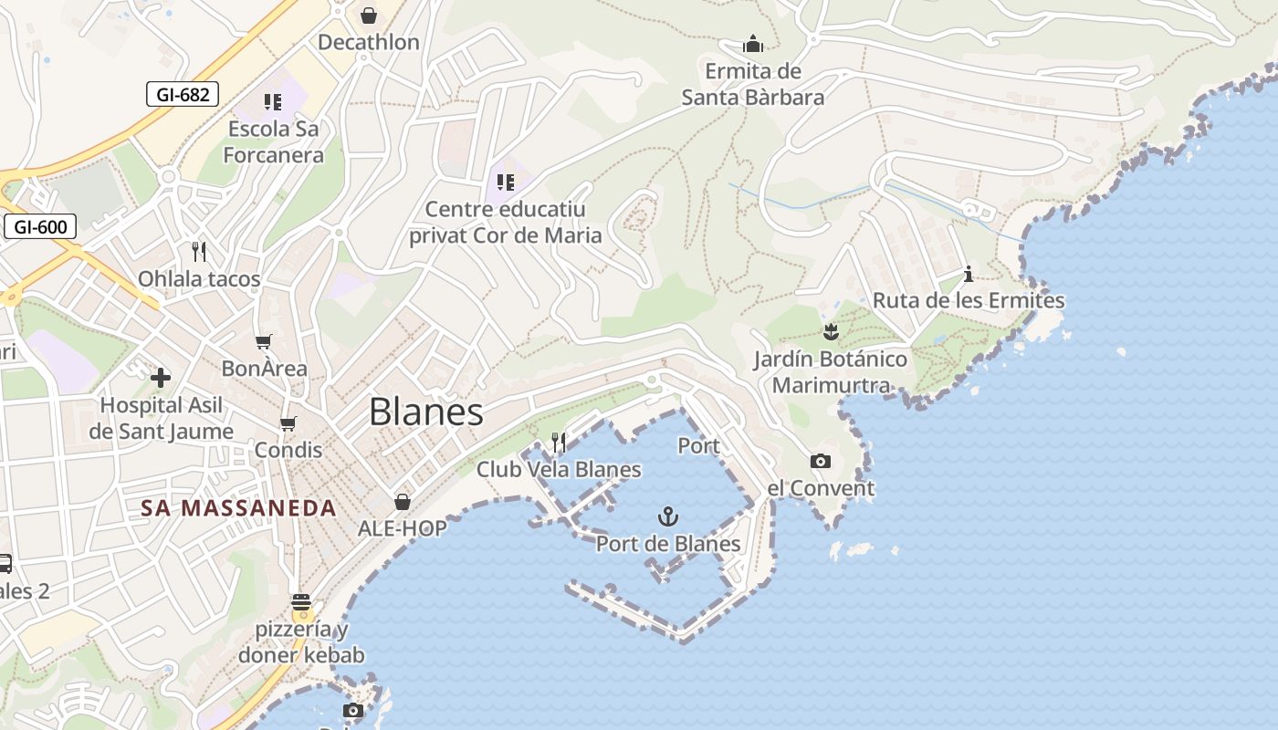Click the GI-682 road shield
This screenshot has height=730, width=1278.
(183, 93)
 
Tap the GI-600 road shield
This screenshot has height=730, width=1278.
(40, 226)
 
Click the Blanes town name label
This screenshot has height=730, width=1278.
(426, 412)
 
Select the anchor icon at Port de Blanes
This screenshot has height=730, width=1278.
(668, 517)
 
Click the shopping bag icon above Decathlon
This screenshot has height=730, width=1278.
(369, 16)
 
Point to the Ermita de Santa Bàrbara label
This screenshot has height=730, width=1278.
(753, 84)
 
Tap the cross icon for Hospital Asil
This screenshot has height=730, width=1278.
(161, 377)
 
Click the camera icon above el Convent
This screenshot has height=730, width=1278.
(821, 462)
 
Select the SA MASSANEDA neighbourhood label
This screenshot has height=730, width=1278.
(239, 508)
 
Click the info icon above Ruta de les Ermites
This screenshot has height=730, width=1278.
(969, 274)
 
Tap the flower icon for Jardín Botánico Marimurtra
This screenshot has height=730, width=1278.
(831, 331)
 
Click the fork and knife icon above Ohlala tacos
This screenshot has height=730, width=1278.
(199, 251)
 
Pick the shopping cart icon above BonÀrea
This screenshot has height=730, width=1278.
(264, 341)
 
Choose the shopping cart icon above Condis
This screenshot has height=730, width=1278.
(288, 423)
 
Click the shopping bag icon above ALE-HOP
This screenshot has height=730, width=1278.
(402, 502)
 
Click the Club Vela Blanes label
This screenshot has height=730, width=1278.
(559, 470)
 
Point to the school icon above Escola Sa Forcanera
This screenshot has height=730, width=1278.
(273, 102)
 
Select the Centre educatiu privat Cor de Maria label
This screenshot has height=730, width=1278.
(506, 223)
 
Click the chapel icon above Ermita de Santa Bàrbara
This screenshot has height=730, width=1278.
(753, 44)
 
